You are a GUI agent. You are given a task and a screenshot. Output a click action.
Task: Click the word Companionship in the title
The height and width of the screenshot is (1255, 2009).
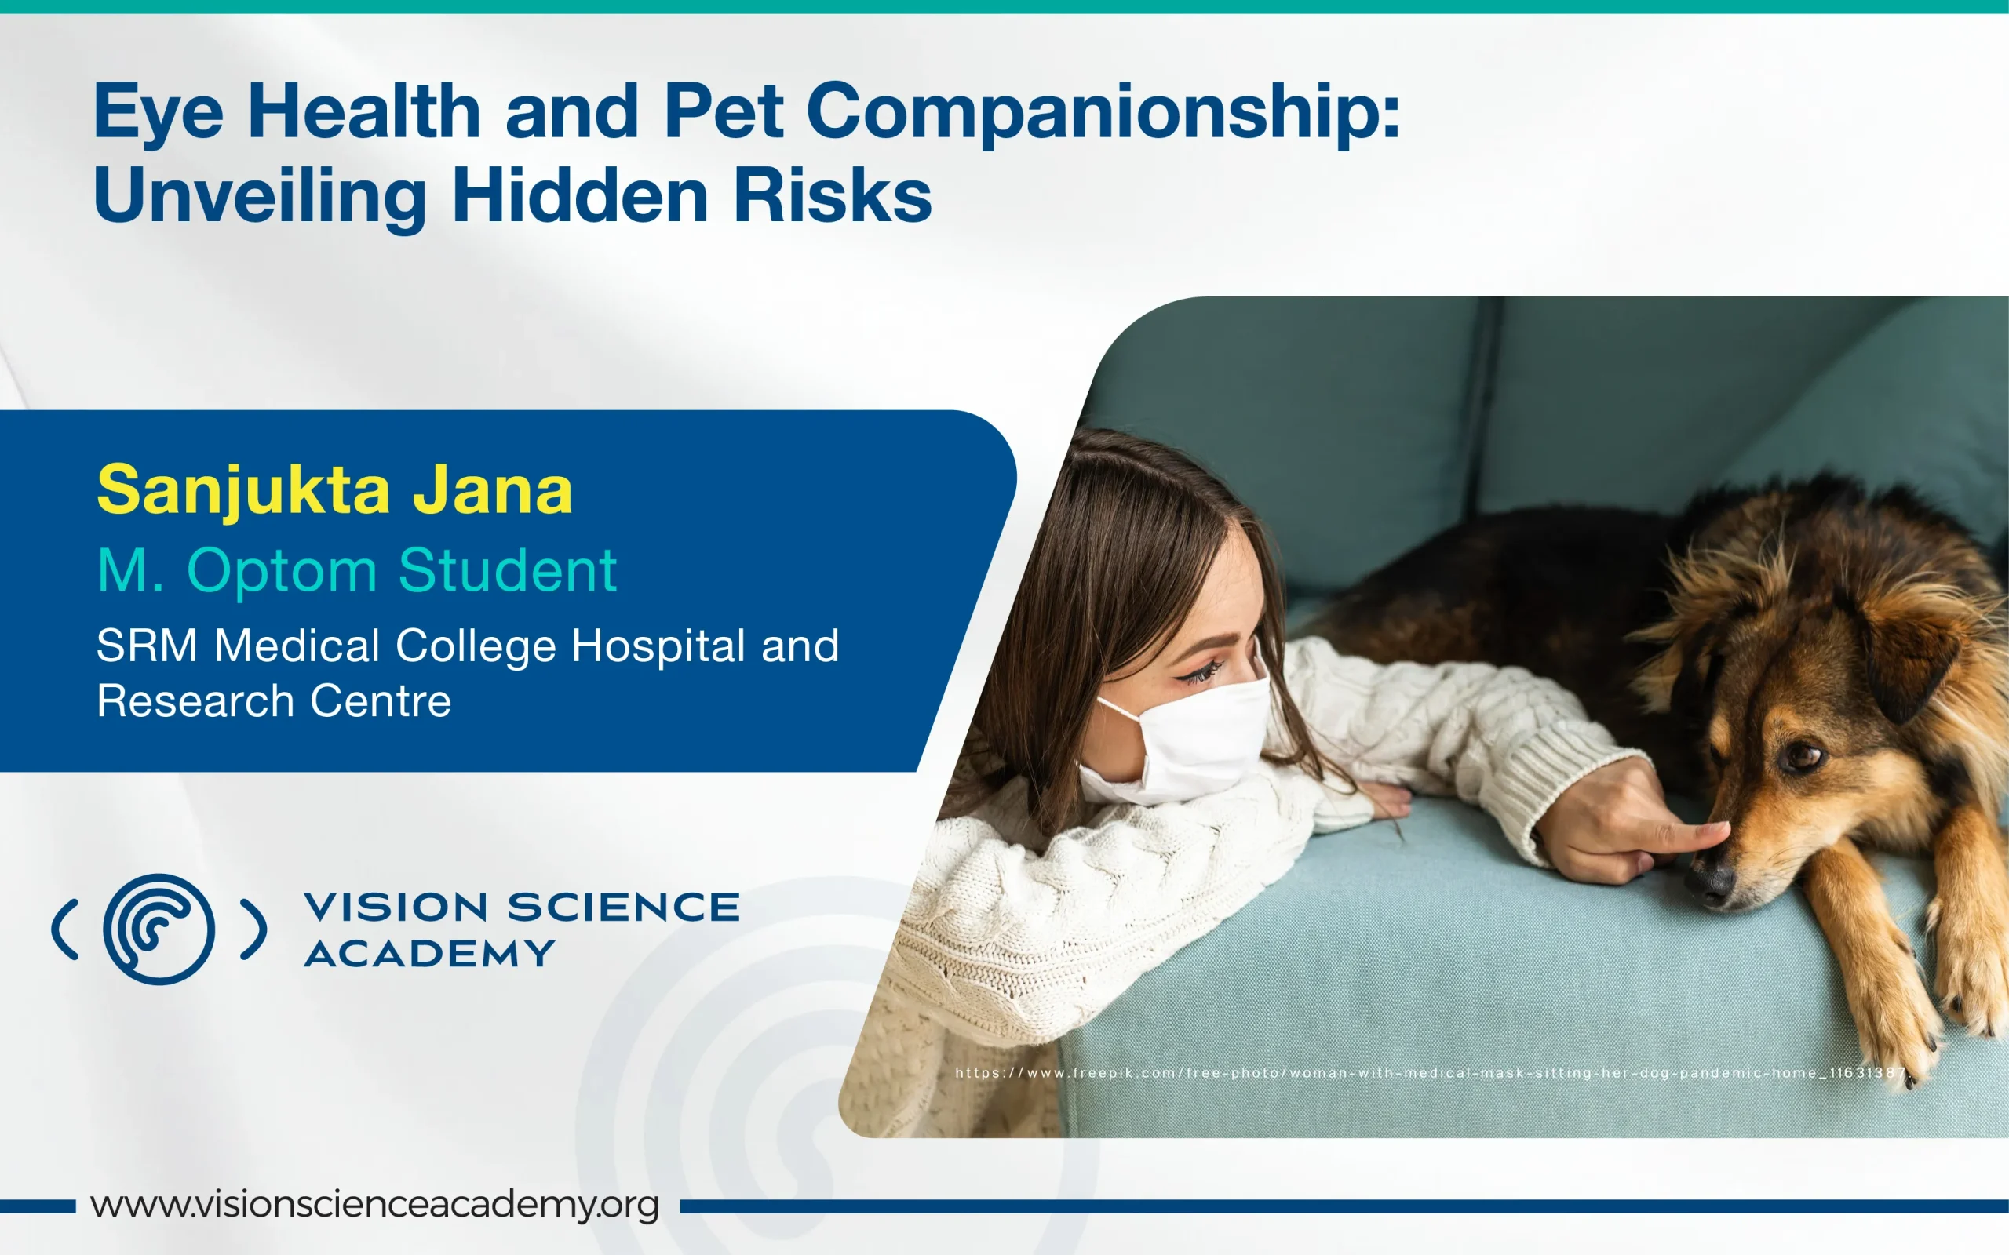(1103, 114)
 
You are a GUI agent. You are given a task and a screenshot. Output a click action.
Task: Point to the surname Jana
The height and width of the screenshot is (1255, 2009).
(493, 489)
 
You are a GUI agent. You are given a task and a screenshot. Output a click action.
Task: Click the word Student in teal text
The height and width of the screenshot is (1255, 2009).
(507, 570)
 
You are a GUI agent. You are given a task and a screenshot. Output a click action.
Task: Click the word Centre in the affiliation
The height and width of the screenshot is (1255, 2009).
(381, 701)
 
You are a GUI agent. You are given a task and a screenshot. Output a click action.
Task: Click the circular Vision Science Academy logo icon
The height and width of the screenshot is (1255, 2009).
(159, 929)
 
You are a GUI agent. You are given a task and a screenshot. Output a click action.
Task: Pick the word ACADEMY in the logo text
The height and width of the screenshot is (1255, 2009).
(429, 954)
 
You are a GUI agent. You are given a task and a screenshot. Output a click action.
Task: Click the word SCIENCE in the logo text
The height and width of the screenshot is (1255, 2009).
(623, 907)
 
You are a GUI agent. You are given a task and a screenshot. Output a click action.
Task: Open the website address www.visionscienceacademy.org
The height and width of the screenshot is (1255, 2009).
(375, 1204)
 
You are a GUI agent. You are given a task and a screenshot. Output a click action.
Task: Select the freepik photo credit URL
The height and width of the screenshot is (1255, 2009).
(1431, 1072)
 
